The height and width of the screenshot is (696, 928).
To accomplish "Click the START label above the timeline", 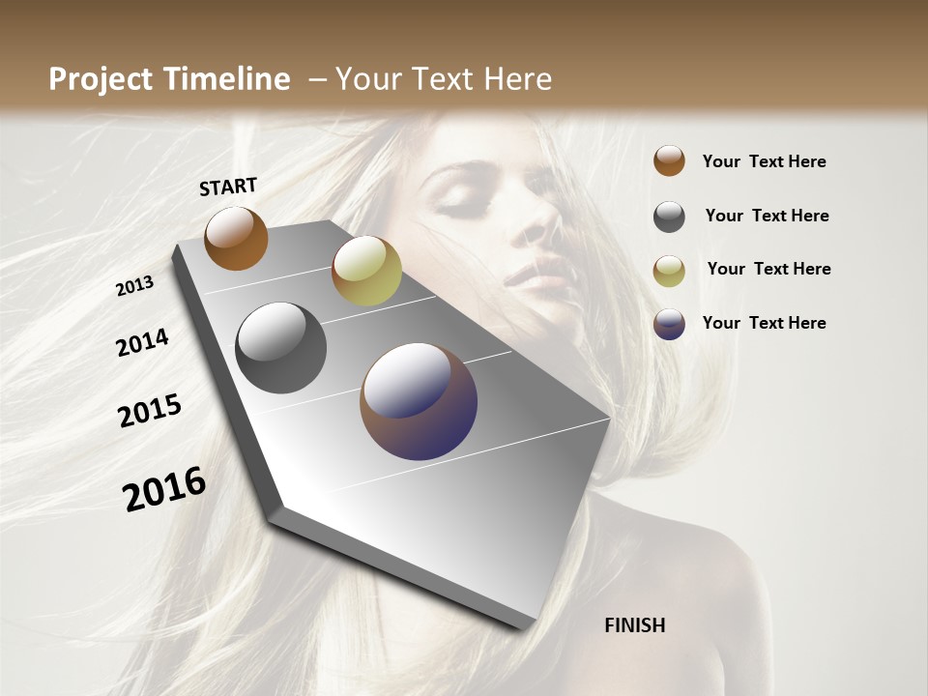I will tap(228, 187).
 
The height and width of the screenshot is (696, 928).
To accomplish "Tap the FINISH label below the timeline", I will tap(634, 625).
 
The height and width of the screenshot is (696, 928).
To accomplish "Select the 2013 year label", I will tap(135, 286).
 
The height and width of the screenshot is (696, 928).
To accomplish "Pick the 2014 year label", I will tap(142, 342).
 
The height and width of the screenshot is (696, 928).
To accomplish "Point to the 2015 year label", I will tap(150, 411).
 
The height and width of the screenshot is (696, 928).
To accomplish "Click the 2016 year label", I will tap(164, 489).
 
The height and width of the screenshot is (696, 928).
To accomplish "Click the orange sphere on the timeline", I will tap(236, 238).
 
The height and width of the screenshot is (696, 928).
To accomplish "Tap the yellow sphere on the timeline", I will tap(366, 271).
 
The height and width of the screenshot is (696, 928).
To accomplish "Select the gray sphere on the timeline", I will tap(280, 348).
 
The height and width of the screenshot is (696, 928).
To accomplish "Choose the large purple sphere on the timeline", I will tap(419, 401).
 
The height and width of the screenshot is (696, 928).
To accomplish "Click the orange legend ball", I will tap(669, 160).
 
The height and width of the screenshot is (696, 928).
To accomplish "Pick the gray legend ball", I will tap(669, 217).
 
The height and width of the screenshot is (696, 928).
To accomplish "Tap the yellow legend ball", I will tap(669, 271).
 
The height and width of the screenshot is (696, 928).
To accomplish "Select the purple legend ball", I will tap(669, 324).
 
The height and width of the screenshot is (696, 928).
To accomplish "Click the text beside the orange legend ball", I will tap(764, 161).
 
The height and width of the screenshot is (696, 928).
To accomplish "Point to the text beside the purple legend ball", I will tap(764, 323).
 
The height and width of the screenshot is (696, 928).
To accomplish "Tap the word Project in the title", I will tap(101, 79).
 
